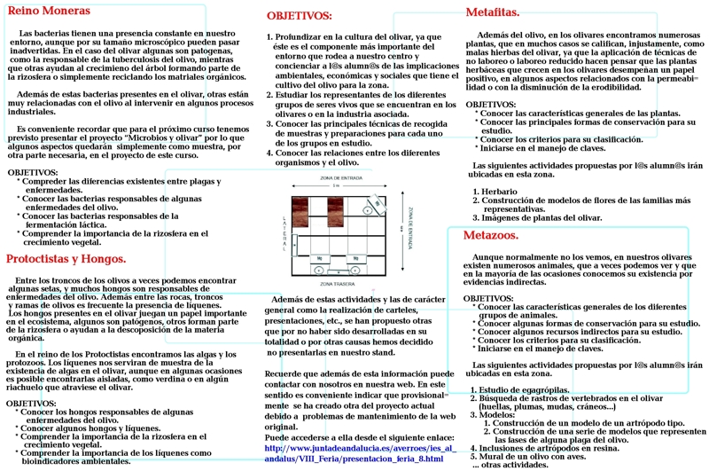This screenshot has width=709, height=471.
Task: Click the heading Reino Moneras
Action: point(50,12)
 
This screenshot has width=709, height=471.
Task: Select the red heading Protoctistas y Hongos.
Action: point(66,259)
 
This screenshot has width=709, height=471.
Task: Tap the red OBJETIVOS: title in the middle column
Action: point(300,16)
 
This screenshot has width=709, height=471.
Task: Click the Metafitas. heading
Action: point(493,12)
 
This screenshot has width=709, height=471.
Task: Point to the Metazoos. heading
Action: point(492,235)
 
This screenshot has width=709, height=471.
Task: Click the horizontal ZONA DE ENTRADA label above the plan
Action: point(335,178)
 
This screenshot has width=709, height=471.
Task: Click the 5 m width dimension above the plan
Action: point(335,186)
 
